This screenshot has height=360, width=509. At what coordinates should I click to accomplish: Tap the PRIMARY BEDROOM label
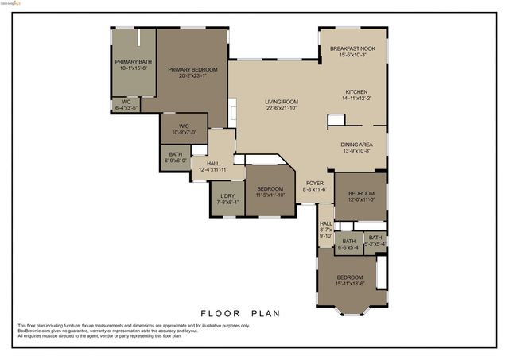pyautogui.click(x=192, y=69)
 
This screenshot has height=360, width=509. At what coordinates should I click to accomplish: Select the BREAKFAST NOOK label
pyautogui.click(x=352, y=49)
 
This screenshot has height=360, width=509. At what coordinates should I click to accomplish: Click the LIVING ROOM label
pyautogui.click(x=282, y=102)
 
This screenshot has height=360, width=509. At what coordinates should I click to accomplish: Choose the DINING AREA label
pyautogui.click(x=356, y=144)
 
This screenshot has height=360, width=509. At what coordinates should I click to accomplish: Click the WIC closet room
pyautogui.click(x=184, y=126)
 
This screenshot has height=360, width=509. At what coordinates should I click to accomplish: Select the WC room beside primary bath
pyautogui.click(x=126, y=102)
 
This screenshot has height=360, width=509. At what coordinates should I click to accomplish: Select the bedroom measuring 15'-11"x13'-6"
pyautogui.click(x=350, y=277)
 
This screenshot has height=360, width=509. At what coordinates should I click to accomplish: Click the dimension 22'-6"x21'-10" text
pyautogui.click(x=282, y=107)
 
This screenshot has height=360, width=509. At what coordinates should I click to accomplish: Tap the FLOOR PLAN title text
pyautogui.click(x=239, y=313)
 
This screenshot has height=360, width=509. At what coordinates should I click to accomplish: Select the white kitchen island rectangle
pyautogui.click(x=337, y=120)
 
